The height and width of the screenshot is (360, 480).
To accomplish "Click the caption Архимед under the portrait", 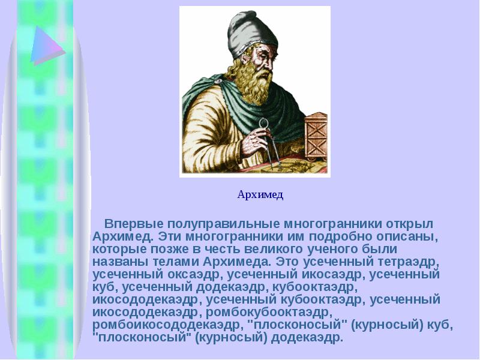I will pyautogui.click(x=260, y=194).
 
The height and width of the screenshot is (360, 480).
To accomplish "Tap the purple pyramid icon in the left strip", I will pyautogui.click(x=47, y=46).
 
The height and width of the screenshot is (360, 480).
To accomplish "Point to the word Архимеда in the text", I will pyautogui.click(x=235, y=262).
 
